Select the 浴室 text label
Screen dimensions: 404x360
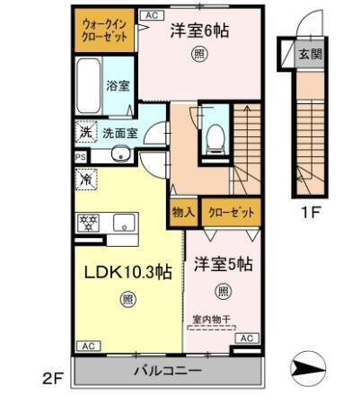119,87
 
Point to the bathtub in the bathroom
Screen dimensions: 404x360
88,84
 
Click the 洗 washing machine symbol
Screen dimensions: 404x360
85,132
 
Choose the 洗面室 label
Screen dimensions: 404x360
119,133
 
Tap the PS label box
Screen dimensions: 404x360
80,155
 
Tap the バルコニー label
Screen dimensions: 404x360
168,371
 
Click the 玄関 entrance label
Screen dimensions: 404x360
310,53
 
